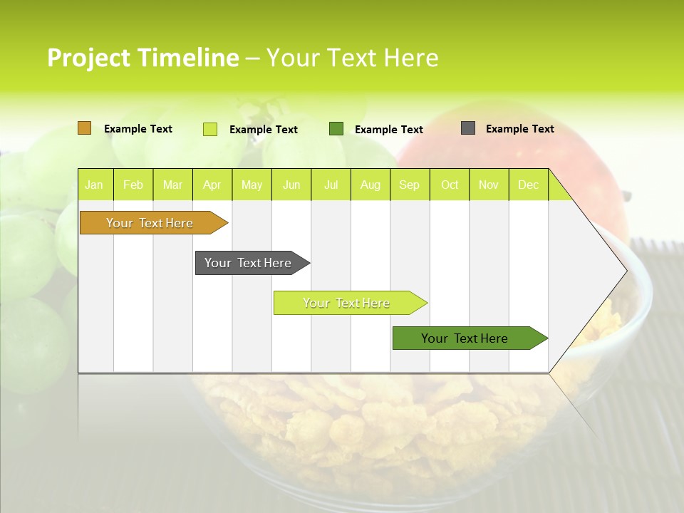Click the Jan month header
point(94,185)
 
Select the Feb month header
point(133,185)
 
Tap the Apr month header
point(212,185)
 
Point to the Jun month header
point(291,185)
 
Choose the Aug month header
point(370,185)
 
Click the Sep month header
point(409,185)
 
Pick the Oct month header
point(450,185)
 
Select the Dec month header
point(528,185)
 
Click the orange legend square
point(85,128)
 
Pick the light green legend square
point(210,129)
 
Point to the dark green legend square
point(336,128)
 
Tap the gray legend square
point(468,128)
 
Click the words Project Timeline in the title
point(142,58)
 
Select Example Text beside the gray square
point(519,129)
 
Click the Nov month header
point(489,185)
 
